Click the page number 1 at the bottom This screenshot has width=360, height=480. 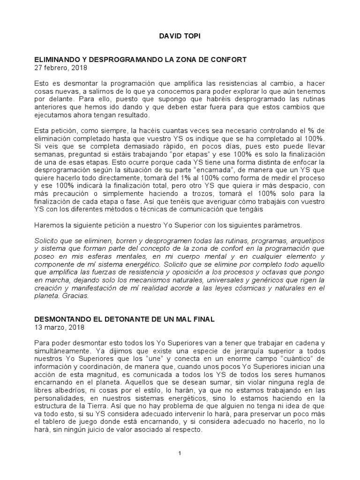pyautogui.click(x=180, y=454)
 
